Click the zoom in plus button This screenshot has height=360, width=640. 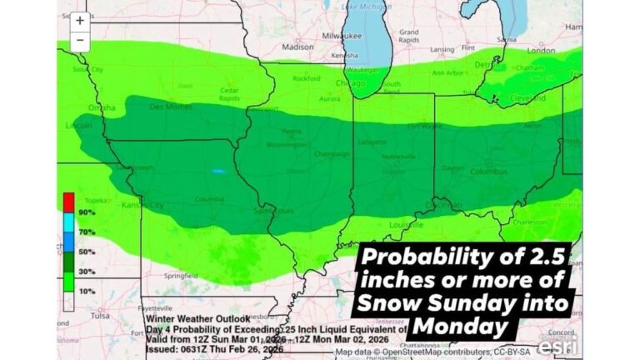pos(80,21)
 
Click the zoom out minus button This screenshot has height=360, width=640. pos(80,40)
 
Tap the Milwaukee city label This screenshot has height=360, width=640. pos(342,37)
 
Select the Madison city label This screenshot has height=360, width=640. pos(297,47)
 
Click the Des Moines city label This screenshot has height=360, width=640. pos(170,107)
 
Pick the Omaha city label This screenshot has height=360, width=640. pos(102,107)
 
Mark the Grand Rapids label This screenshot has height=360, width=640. pos(409,36)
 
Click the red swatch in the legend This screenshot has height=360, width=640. pos(68,201)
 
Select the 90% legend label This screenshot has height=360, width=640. pos(87,212)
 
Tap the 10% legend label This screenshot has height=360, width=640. pos(87,291)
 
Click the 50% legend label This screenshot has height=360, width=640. pos(87,251)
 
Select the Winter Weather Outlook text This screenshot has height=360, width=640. pos(196,318)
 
